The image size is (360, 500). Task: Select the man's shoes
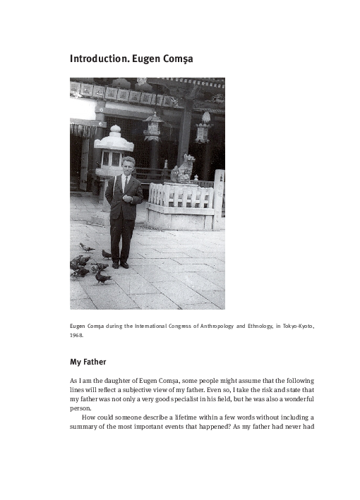[119, 264]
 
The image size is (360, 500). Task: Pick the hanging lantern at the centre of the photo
[152, 126]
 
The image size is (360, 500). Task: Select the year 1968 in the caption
[76, 335]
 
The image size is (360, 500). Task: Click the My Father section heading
[88, 362]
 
